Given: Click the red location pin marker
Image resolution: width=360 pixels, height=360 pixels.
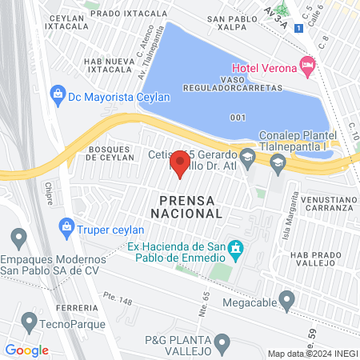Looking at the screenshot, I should tap(180, 163).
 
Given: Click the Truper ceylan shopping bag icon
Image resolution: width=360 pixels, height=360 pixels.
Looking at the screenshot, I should tap(66, 227).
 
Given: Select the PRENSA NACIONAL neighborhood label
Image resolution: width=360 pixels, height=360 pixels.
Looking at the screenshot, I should tap(186, 206).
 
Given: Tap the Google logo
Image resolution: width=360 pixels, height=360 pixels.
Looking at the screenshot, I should tap(27, 350).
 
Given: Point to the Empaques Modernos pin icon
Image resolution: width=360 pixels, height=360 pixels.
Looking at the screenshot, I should tap(19, 237).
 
